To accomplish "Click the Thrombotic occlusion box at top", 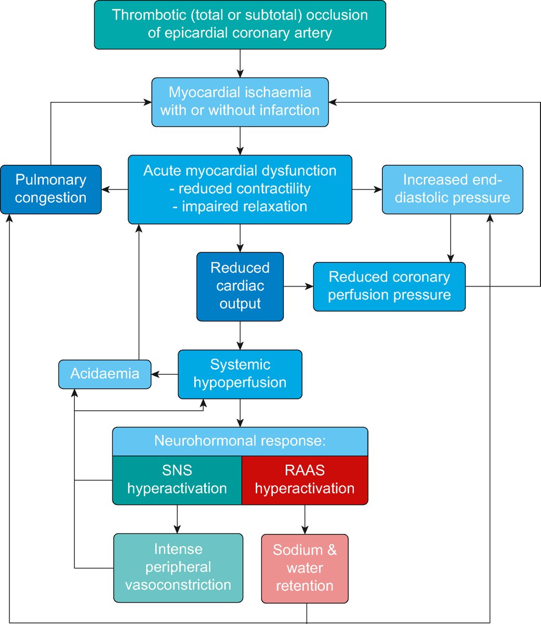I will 240,24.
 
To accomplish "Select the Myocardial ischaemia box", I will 240,102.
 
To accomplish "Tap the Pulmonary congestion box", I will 50,189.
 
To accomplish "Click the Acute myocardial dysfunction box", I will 240,189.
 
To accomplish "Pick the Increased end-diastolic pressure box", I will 452,189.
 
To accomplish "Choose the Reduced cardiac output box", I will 240,286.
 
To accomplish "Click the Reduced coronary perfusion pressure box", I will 389,287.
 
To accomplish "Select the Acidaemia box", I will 104,374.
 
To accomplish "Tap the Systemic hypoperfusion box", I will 240,374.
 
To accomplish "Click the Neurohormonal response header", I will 240,441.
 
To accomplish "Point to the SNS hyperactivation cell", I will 177,480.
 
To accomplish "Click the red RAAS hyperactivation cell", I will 305,480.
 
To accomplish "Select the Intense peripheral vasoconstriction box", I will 178,567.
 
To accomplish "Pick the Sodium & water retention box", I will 305,568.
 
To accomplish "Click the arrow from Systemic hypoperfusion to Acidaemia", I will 165,374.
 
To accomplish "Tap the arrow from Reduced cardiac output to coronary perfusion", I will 298,287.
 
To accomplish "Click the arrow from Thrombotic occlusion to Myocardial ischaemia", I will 240,63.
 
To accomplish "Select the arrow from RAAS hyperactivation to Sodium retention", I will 305,519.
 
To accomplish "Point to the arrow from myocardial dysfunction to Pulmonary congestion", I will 115,190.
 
